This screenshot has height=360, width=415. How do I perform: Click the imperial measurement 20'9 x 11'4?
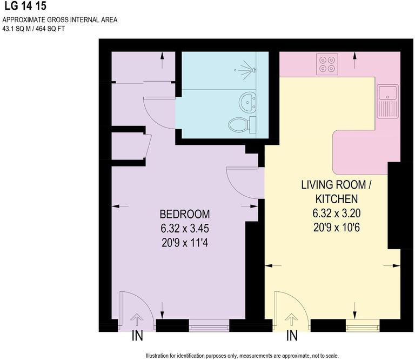pos(184,243)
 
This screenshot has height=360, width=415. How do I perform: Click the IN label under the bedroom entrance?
pos(137,336)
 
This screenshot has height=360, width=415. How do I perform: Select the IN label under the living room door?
pos(292,336)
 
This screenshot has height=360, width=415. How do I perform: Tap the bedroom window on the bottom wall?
pos(209,325)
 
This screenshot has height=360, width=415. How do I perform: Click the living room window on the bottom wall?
pos(362,325)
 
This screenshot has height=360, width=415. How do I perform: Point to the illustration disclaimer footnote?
pos(242,356)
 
